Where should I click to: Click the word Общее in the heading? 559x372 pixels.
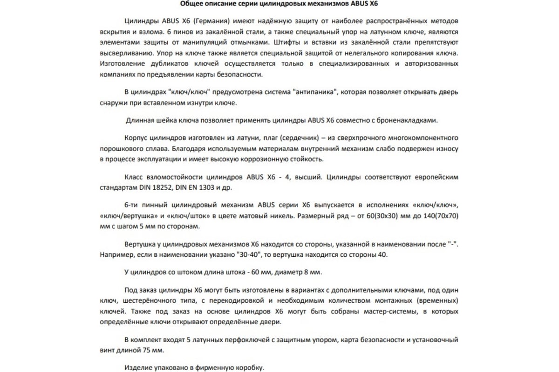coord(191,5)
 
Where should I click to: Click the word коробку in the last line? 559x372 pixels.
coord(248,368)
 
